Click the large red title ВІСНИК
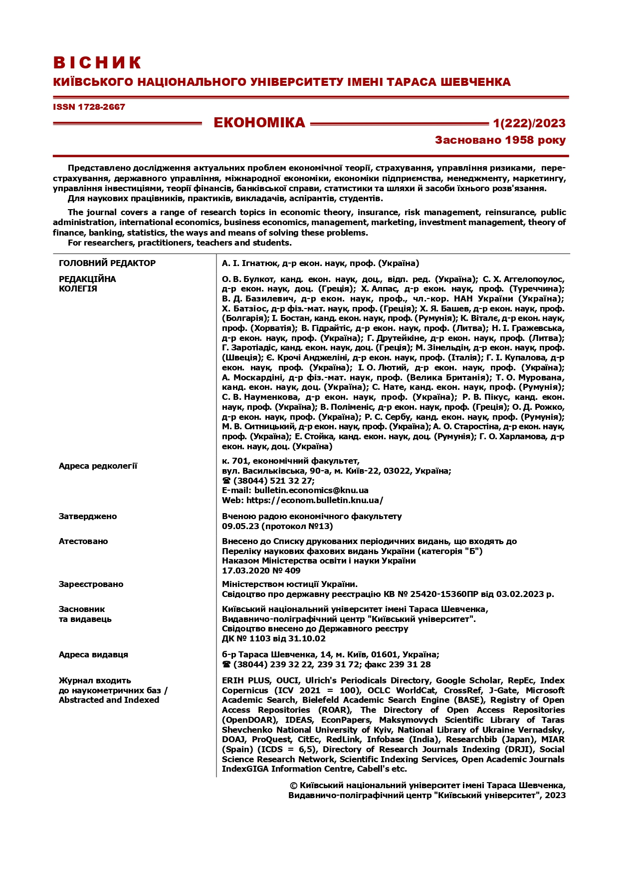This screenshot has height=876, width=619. click(x=98, y=63)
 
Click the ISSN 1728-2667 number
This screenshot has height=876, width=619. click(x=89, y=107)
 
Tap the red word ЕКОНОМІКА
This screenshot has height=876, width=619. click(x=259, y=123)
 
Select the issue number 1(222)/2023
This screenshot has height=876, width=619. click(x=529, y=123)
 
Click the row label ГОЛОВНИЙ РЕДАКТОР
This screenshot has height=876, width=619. click(x=107, y=263)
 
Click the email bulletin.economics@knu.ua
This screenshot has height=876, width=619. click(x=311, y=490)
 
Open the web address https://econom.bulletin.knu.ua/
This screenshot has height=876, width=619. click(x=315, y=500)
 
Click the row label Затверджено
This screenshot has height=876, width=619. click(x=88, y=516)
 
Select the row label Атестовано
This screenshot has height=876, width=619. click(x=83, y=541)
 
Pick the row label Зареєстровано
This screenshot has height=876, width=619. click(x=91, y=584)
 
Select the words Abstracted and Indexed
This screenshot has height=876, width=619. click(x=109, y=700)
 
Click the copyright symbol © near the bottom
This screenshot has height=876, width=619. click(x=293, y=786)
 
